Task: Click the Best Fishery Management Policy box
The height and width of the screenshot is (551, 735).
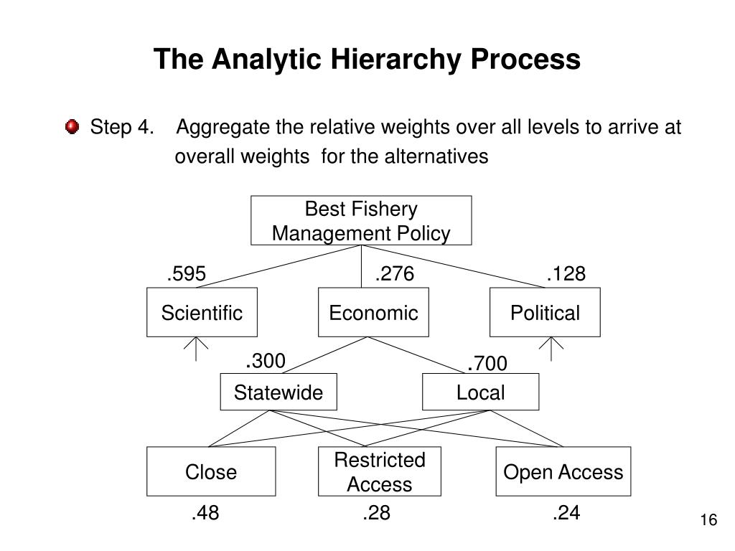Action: click(361, 221)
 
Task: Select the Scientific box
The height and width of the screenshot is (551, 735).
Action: click(202, 313)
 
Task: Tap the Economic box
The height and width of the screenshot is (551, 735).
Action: click(373, 313)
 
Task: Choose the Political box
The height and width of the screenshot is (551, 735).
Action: click(545, 313)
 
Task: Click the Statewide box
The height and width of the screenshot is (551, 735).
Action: click(278, 392)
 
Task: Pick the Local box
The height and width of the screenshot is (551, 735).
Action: click(480, 392)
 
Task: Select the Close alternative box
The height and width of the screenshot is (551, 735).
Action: click(211, 471)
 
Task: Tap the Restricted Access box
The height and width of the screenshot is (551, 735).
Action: click(380, 471)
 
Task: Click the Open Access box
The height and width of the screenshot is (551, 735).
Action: click(563, 471)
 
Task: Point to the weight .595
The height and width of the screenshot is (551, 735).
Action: click(187, 274)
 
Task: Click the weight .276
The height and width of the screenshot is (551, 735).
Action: click(395, 274)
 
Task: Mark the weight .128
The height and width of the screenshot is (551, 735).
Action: click(566, 274)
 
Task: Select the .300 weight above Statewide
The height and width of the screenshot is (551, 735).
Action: click(266, 361)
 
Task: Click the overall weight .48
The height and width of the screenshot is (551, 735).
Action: click(205, 513)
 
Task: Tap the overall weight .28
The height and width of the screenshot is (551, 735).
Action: click(376, 513)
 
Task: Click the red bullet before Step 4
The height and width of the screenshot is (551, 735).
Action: click(72, 128)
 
